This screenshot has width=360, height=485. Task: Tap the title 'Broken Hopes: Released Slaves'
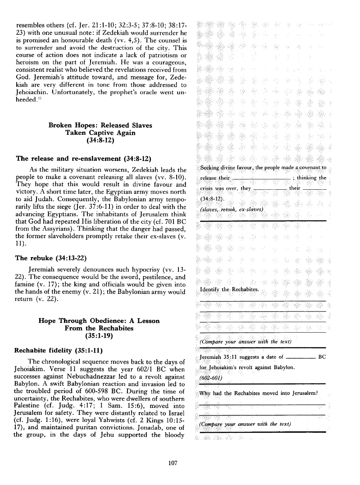click(100, 125)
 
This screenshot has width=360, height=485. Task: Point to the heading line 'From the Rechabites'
click(99, 328)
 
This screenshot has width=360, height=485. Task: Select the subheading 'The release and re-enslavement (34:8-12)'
click(83, 159)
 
